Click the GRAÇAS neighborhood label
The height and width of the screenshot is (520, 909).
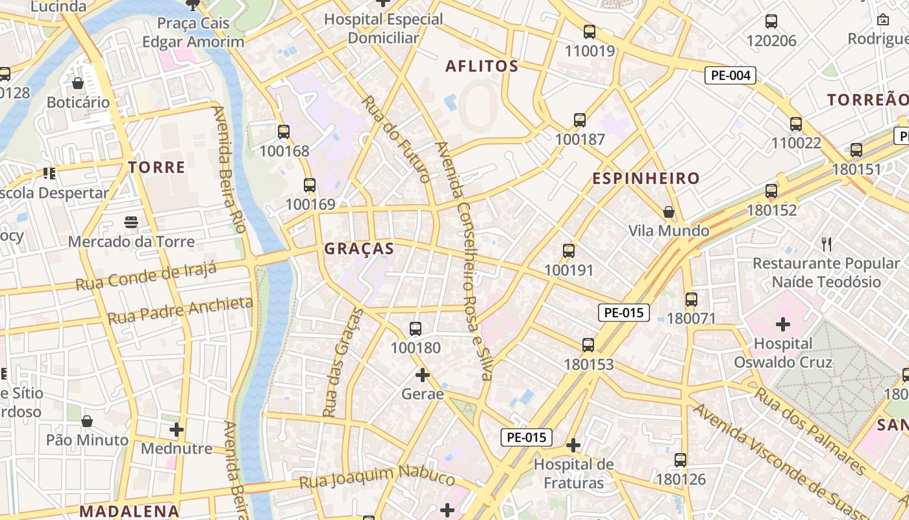[x=358, y=248]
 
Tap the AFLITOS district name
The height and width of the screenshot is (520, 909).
[x=482, y=66]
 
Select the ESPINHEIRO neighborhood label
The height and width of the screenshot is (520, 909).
[x=645, y=178]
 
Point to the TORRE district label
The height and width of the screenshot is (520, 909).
[x=156, y=167]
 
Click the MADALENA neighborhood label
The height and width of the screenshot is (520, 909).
[x=129, y=511]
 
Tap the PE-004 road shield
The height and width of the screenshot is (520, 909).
[x=730, y=75]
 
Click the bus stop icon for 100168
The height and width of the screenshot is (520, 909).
[x=284, y=132]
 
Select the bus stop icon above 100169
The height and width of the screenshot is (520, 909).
[x=310, y=185]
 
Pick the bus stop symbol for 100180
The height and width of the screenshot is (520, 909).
[x=416, y=329]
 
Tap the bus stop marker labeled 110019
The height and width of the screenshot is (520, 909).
[x=590, y=31]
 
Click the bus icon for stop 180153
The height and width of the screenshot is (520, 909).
[x=588, y=345]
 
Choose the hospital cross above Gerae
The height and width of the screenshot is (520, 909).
[x=423, y=375]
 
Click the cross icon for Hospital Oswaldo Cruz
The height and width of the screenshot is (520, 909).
[x=783, y=324]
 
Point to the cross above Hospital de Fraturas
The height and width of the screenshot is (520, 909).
[x=573, y=445]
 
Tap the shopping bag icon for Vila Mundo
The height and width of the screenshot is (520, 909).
[x=669, y=212]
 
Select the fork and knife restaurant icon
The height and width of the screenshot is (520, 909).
[x=826, y=244]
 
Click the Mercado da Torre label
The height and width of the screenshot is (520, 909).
[x=131, y=242]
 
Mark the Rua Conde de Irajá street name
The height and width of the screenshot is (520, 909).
[x=145, y=277]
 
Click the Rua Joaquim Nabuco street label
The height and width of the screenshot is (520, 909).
[x=377, y=478]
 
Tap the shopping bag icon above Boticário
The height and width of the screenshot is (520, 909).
[x=78, y=83]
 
